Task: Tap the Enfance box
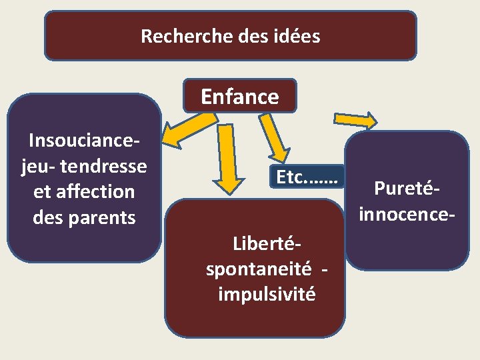tap(240, 97)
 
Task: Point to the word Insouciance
tap(84, 141)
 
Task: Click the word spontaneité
tap(259, 269)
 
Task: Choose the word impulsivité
tap(267, 294)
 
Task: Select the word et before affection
tap(41, 191)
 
